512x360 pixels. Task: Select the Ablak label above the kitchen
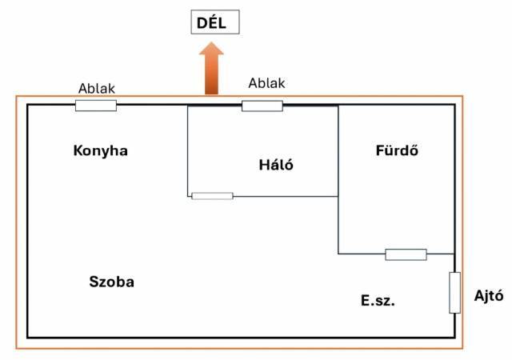click(x=96, y=88)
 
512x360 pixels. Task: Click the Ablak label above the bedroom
click(x=266, y=82)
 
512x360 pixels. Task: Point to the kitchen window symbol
click(x=96, y=106)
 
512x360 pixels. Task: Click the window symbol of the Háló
click(x=262, y=106)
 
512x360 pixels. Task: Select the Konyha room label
click(x=100, y=150)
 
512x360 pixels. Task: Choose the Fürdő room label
click(x=398, y=150)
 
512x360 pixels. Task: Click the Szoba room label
click(x=111, y=282)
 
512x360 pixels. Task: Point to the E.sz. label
click(x=378, y=301)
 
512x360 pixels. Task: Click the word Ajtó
click(x=487, y=297)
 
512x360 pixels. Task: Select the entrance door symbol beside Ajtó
click(x=454, y=293)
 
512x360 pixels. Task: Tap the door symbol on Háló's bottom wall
click(x=212, y=196)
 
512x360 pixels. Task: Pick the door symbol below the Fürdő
click(x=406, y=254)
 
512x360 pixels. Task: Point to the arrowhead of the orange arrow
click(x=212, y=53)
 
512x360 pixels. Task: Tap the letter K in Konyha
click(x=78, y=150)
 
